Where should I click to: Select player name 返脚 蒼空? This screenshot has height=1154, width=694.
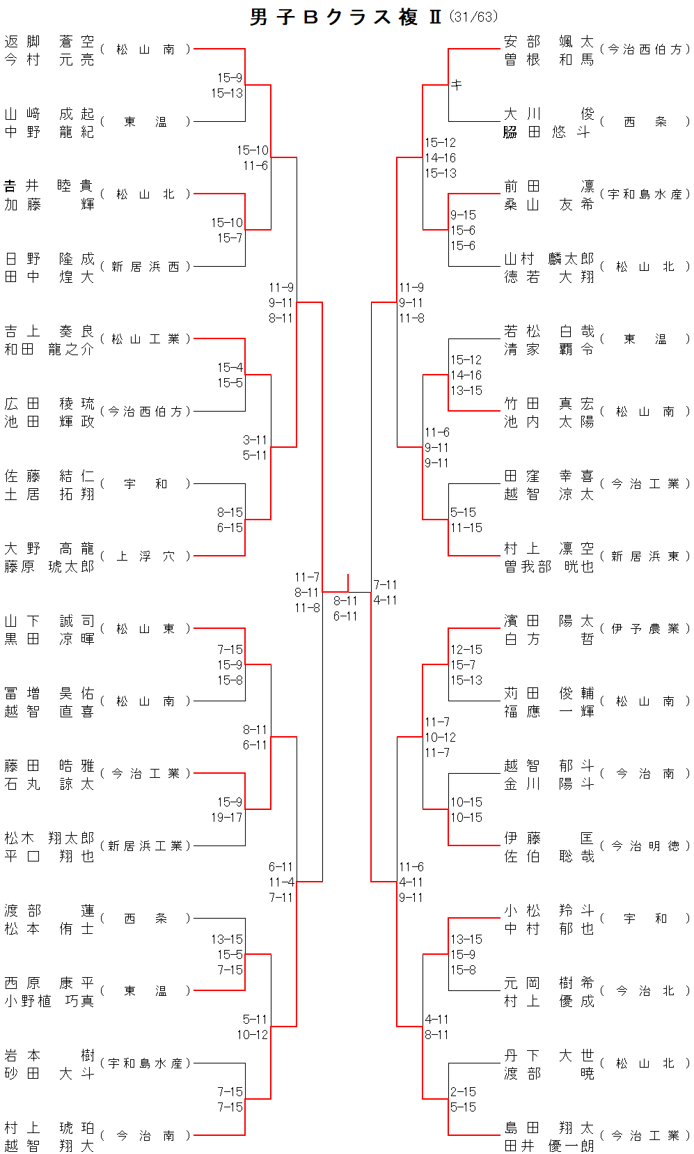[x=49, y=42]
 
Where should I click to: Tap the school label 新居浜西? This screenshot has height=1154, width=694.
[x=145, y=267]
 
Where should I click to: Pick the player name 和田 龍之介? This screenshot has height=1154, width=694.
[x=49, y=350]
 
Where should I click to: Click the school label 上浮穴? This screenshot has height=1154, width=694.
[x=145, y=556]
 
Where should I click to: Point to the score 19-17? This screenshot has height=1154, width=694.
[x=227, y=818]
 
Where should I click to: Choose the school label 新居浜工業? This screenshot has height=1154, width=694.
[x=145, y=846]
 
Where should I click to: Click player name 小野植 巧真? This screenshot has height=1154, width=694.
[x=49, y=1001]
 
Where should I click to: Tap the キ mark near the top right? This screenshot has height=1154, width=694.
[x=457, y=85]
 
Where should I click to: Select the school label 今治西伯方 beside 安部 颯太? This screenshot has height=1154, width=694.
[x=645, y=49]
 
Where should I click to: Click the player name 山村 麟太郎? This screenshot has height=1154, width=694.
[x=549, y=259]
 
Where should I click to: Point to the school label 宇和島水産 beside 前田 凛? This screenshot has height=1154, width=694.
[x=645, y=194]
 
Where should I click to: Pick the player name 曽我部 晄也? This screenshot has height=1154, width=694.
[x=549, y=567]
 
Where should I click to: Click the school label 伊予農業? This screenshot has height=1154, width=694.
[x=645, y=629]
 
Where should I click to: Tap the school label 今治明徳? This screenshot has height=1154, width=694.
[x=645, y=846]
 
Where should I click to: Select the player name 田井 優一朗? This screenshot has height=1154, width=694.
[x=549, y=1146]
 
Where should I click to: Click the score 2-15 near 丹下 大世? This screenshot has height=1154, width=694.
[x=463, y=1092]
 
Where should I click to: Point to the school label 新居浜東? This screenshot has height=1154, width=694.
[x=645, y=556]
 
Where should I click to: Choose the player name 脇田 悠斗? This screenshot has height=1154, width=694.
[x=549, y=132]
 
